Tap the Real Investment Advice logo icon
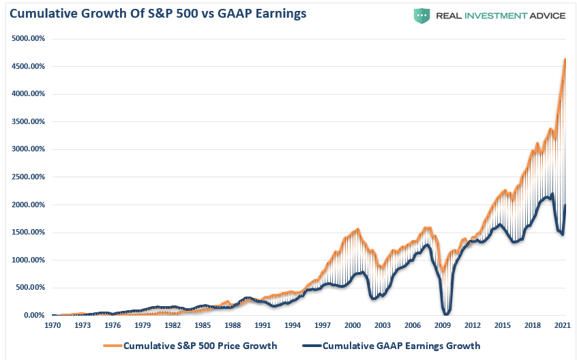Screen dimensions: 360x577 (x=423, y=15)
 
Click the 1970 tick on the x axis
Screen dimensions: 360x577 (x=52, y=326)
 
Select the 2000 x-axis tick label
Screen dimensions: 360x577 (x=353, y=326)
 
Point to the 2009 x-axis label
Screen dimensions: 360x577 (x=443, y=326)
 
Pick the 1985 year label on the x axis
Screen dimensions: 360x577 (x=203, y=326)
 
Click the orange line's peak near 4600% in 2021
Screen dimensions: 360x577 (x=565, y=59)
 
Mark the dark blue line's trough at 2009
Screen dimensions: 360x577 (x=446, y=314)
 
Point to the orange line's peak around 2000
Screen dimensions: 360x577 (x=358, y=229)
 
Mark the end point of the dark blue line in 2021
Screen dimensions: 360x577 (x=565, y=206)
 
